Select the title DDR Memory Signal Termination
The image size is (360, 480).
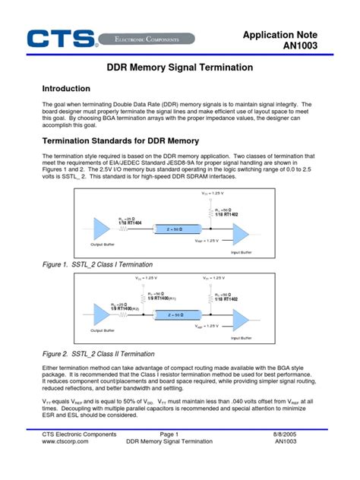click(179, 68)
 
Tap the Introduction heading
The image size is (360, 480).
click(66, 89)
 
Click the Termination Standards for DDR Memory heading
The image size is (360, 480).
click(120, 141)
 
